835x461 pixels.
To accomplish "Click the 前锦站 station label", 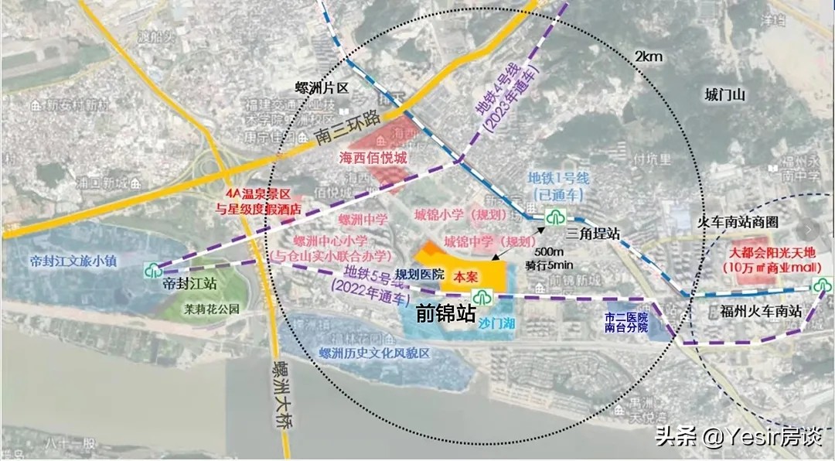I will [x=445, y=312].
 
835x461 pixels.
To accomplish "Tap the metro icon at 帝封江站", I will [x=153, y=270].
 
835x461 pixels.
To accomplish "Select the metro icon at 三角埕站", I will [x=554, y=217].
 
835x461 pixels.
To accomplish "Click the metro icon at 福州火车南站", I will [x=820, y=285].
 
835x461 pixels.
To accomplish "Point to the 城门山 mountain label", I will [x=724, y=95].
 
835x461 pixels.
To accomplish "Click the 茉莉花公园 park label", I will [x=212, y=307].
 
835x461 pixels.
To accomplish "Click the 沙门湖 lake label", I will [x=496, y=323].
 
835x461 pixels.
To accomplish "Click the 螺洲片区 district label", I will [x=322, y=88].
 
